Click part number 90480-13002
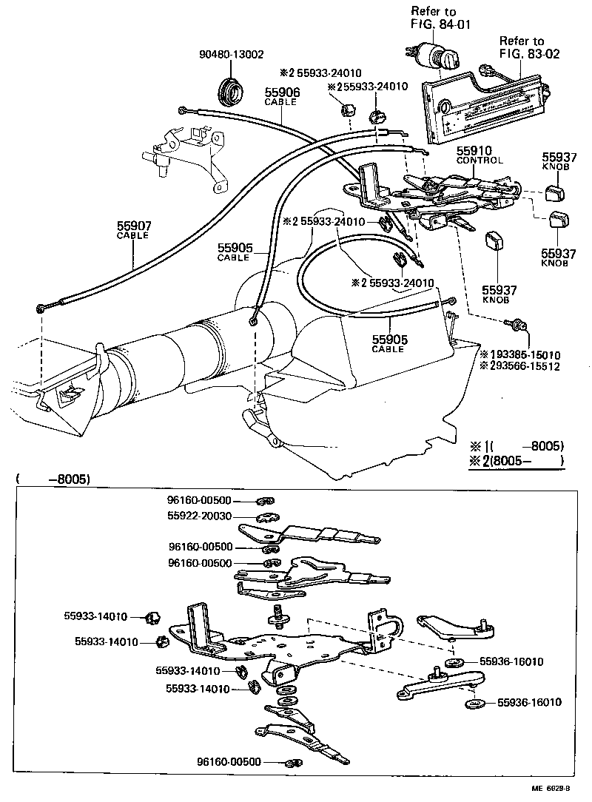pos(232,55)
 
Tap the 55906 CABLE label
pos(280,96)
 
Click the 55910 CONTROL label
pos(479,155)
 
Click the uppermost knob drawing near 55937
pos(553,193)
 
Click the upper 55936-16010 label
pos(511,661)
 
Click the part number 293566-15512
pos(519,365)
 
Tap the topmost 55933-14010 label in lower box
pos(95,616)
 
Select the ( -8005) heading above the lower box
pos(52,479)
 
